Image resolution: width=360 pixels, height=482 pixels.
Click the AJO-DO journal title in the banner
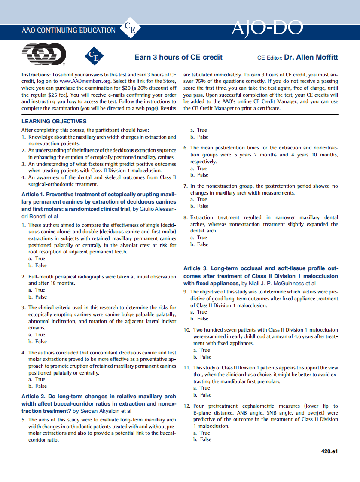tap(267, 28)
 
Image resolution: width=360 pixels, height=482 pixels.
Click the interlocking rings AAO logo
tap(44, 55)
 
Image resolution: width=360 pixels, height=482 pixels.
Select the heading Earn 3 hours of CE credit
tap(178, 57)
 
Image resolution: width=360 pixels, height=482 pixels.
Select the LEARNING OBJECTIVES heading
tap(54, 122)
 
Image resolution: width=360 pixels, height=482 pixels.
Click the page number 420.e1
tap(329, 451)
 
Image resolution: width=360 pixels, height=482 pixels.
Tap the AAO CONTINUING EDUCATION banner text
tap(68, 31)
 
